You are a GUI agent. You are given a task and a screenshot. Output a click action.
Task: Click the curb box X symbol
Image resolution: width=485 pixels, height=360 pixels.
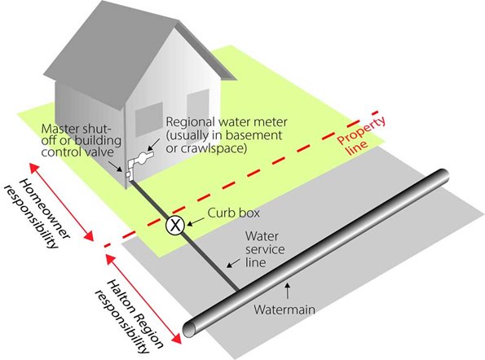point(174,226)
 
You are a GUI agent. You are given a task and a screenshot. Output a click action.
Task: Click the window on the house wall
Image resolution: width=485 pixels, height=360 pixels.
point(150,122)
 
